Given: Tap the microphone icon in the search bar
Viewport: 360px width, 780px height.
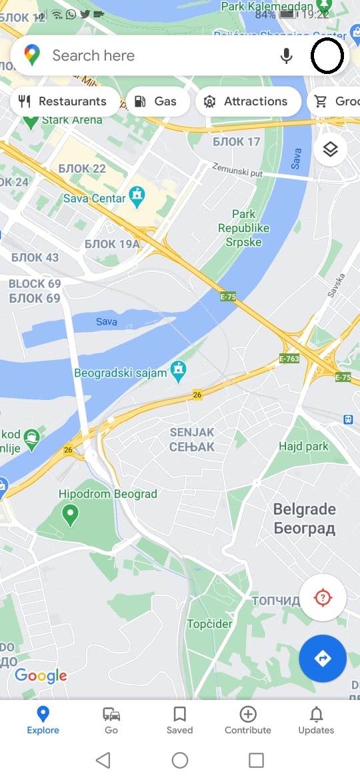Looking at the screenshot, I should click(287, 56).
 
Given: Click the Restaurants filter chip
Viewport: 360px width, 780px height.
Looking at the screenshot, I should click(64, 101).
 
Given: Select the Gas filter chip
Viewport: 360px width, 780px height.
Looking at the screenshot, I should click(156, 101).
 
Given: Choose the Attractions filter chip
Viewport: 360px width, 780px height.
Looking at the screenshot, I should click(246, 101).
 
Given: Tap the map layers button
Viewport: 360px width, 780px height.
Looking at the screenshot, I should click(330, 150).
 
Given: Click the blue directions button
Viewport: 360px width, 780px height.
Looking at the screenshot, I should click(323, 659).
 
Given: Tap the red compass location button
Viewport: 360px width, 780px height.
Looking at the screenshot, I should click(323, 597).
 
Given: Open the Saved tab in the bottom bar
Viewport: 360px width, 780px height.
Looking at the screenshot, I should click(179, 720).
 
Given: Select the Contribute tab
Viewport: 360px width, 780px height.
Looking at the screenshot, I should click(248, 720).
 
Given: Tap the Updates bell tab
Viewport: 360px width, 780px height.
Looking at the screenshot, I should click(316, 720).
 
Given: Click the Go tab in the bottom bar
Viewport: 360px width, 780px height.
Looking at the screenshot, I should click(111, 720).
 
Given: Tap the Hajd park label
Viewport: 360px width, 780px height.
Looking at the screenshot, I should click(304, 447).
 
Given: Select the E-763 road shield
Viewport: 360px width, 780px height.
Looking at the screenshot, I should click(288, 359).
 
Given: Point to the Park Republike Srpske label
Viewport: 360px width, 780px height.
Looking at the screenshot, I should click(244, 228).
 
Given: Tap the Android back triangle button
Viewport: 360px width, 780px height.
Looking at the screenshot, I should click(103, 760).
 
